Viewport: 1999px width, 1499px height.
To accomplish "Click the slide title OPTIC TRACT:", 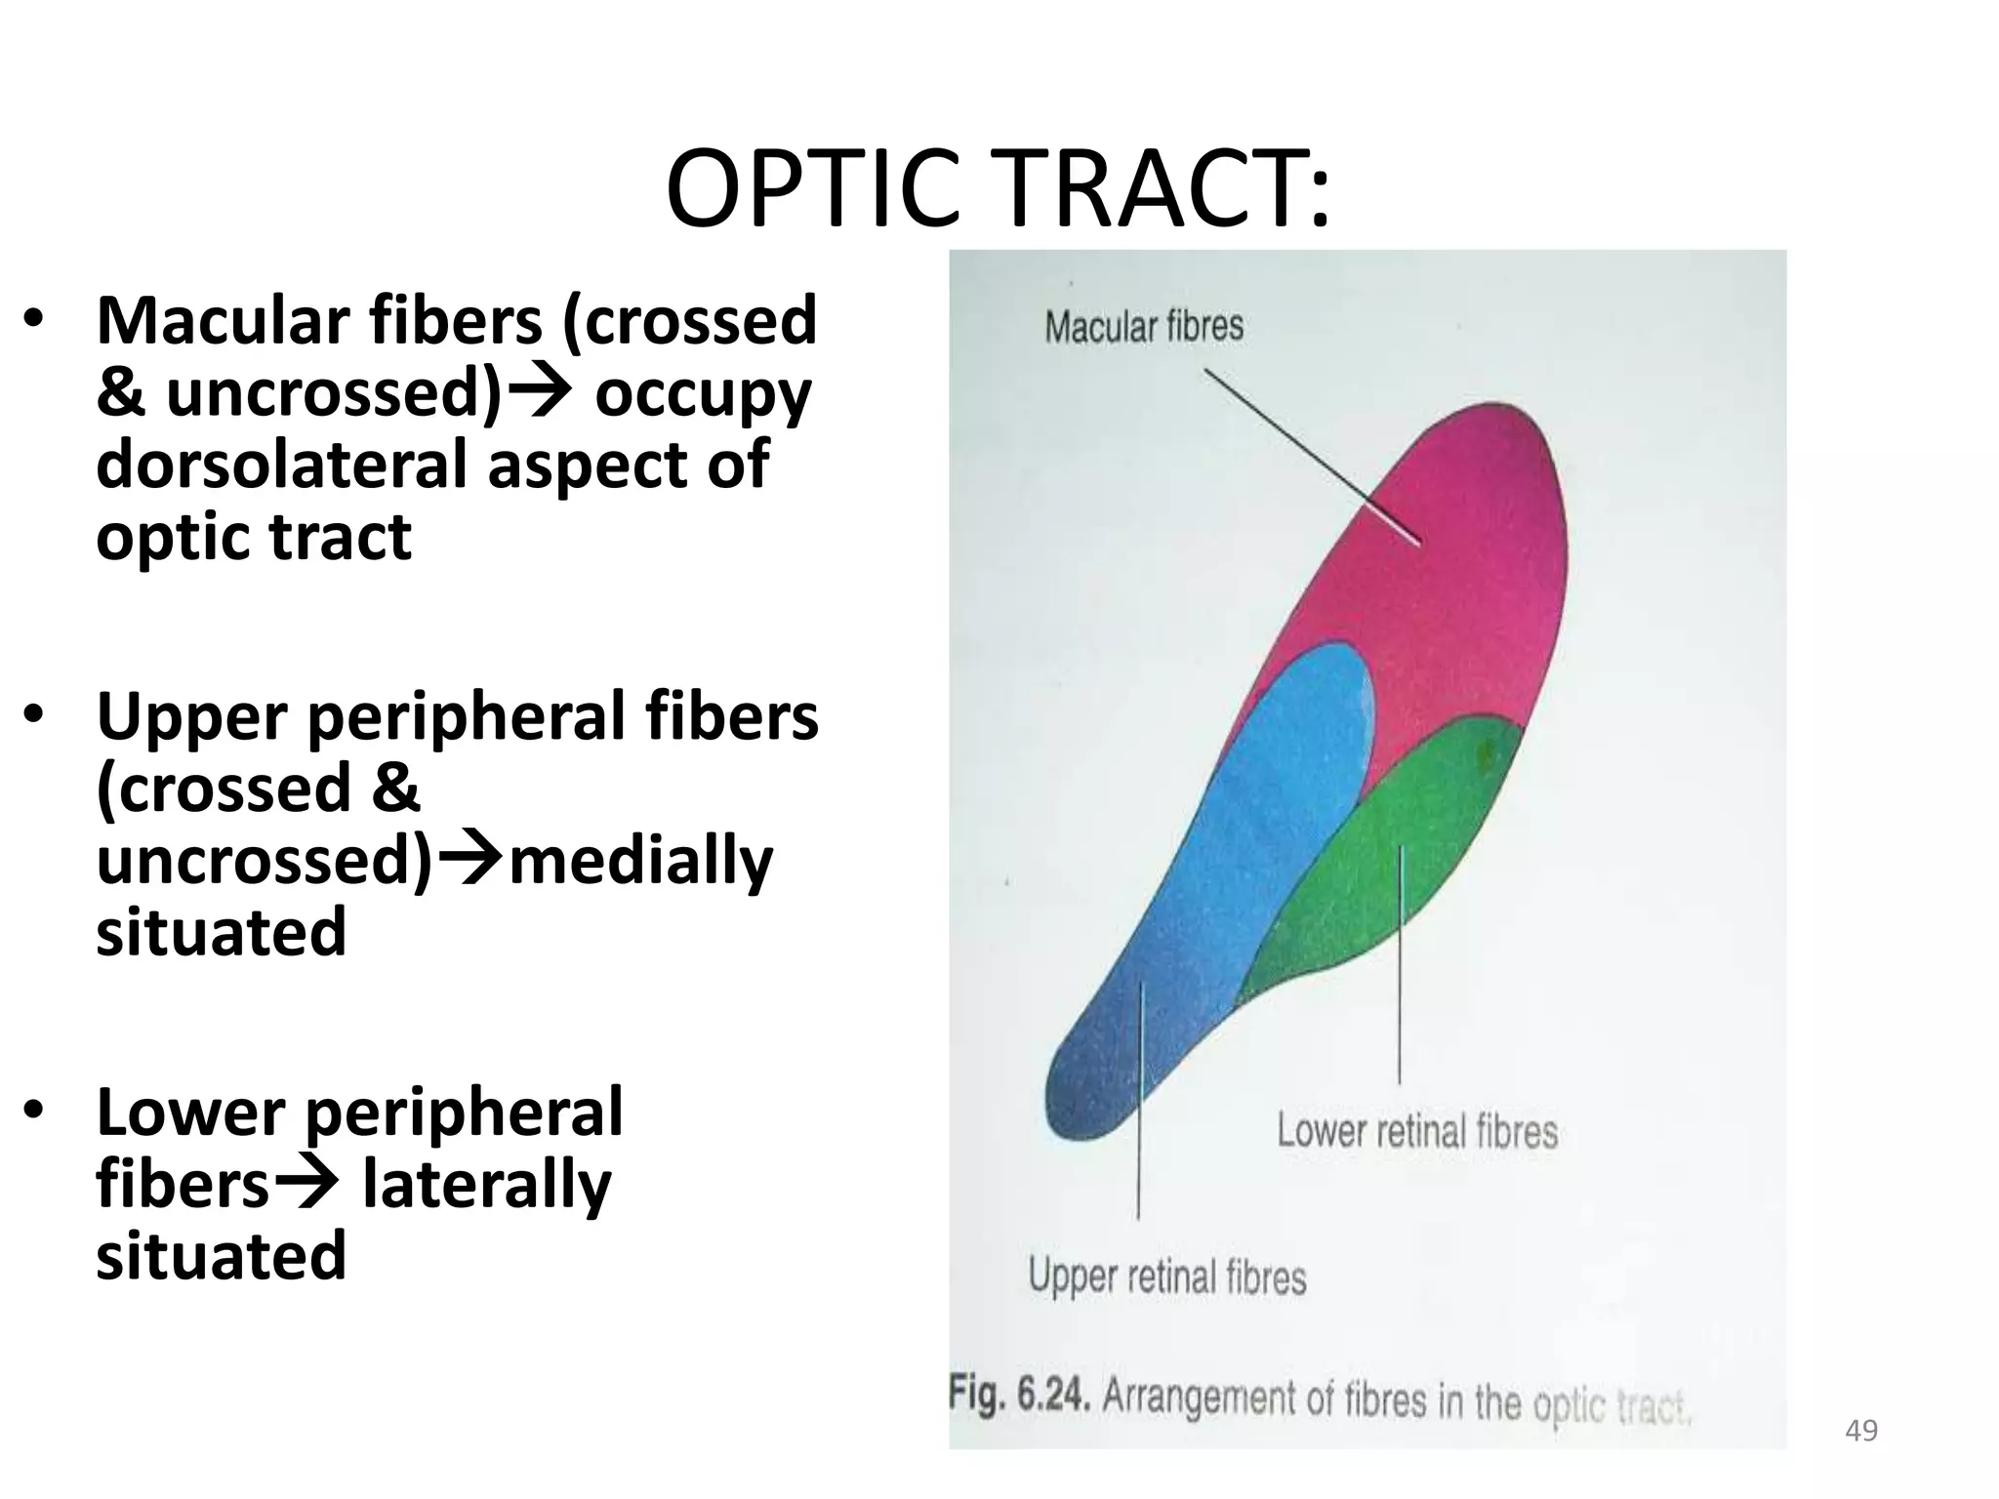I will [x=998, y=189].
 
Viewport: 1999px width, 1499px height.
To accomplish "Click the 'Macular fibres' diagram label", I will [x=1144, y=326].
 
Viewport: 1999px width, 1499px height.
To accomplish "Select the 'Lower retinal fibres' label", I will [x=1417, y=1132].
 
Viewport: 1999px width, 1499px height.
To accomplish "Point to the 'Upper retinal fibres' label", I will [x=1167, y=1276].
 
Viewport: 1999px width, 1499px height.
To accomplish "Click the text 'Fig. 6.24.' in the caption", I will [x=1019, y=1396].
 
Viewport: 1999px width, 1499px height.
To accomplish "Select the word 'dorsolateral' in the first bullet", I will [x=283, y=465].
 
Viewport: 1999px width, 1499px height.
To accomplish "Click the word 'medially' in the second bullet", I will [x=640, y=861].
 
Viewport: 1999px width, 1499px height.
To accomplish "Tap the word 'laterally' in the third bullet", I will [x=486, y=1185].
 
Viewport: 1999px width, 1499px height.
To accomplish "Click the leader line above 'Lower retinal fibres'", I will [x=1400, y=966].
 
